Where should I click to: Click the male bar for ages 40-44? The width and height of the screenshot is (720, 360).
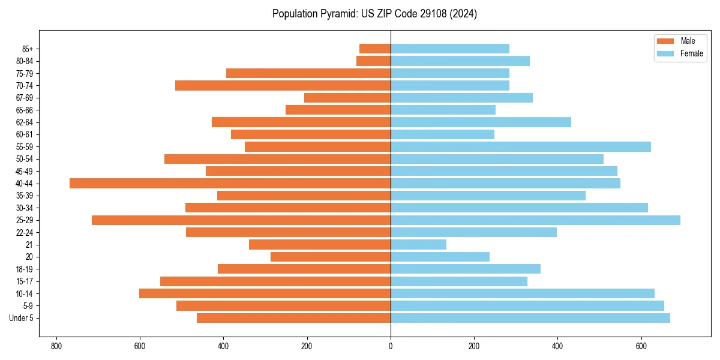[x=230, y=183]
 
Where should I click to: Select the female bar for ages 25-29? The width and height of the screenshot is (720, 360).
[x=535, y=220]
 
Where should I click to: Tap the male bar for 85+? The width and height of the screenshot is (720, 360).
[x=375, y=49]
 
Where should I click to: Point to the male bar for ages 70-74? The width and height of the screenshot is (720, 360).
[x=283, y=85]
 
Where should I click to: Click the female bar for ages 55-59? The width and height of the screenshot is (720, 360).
[x=521, y=146]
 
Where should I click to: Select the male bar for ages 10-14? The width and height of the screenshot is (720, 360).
[x=265, y=293]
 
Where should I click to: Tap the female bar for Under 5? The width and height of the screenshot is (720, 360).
[x=530, y=318]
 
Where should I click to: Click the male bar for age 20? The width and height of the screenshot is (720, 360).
[x=331, y=257]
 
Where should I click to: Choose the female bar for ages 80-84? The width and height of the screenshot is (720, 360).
[x=460, y=61]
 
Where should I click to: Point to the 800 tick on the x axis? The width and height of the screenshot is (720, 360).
[x=56, y=346]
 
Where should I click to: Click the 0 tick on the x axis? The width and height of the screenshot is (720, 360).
[x=391, y=346]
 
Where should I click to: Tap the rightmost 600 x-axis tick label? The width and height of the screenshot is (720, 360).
[x=641, y=346]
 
